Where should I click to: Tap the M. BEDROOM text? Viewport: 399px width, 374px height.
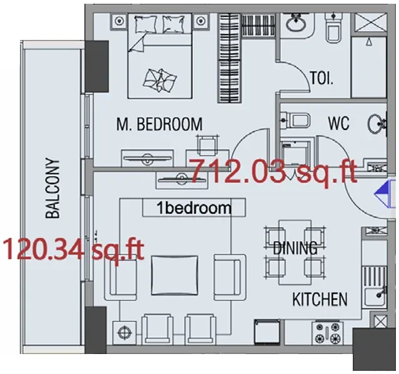(159, 124)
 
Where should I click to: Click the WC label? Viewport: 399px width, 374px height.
(338, 122)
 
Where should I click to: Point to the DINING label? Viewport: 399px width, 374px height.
(295, 248)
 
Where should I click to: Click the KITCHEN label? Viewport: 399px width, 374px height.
(320, 300)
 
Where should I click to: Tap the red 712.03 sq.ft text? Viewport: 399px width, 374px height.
(272, 171)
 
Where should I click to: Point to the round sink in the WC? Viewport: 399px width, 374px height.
(377, 122)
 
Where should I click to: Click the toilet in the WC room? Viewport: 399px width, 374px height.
(293, 119)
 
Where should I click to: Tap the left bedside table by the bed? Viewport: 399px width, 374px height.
(119, 21)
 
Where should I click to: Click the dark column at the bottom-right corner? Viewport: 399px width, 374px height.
(375, 350)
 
